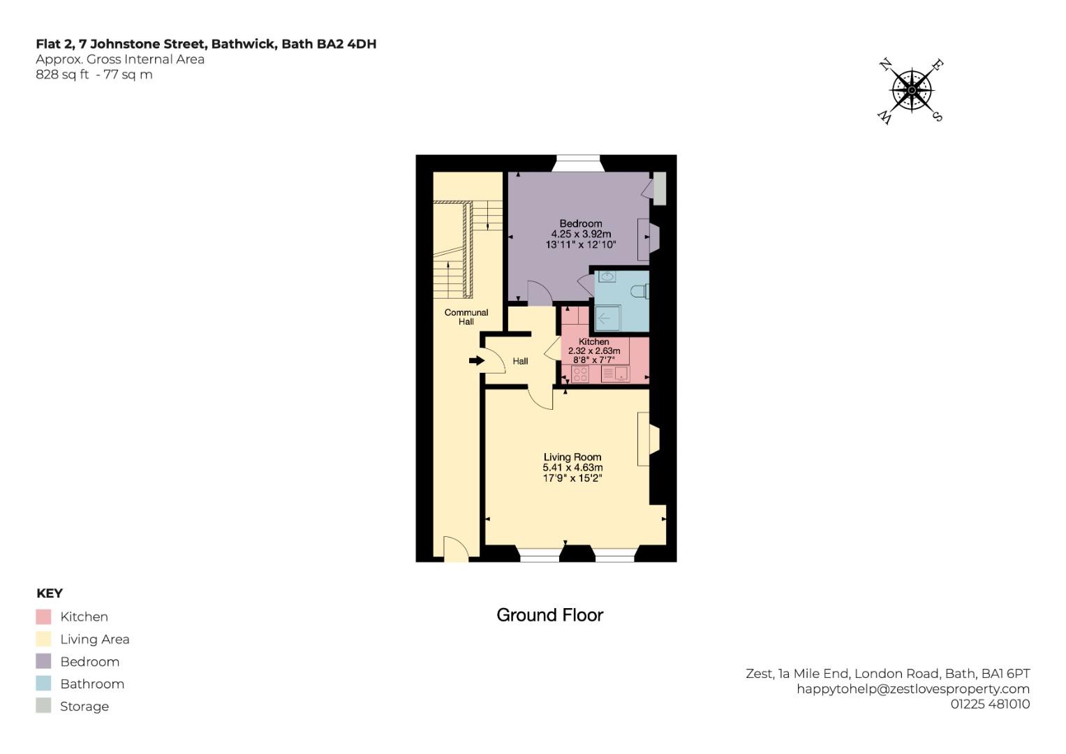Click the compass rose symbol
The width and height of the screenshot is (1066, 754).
pyautogui.click(x=912, y=90)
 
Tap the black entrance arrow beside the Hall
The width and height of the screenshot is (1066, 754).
pyautogui.click(x=477, y=360)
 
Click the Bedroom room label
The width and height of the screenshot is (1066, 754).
pyautogui.click(x=580, y=224)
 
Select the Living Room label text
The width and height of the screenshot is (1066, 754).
pyautogui.click(x=572, y=457)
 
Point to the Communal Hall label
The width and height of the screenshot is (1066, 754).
pyautogui.click(x=466, y=317)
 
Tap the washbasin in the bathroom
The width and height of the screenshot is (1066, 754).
pyautogui.click(x=607, y=277)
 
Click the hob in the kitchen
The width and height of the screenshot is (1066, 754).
pyautogui.click(x=580, y=374)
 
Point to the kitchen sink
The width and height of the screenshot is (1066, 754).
pyautogui.click(x=615, y=374)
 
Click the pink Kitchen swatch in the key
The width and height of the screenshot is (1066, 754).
pyautogui.click(x=43, y=616)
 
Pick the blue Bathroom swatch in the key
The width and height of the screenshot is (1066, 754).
pyautogui.click(x=43, y=683)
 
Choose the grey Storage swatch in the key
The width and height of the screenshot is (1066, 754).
pyautogui.click(x=43, y=706)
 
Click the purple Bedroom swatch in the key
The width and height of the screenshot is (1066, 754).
pyautogui.click(x=43, y=661)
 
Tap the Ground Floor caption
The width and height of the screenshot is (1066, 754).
pyautogui.click(x=549, y=615)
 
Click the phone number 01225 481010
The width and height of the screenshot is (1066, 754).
pyautogui.click(x=990, y=704)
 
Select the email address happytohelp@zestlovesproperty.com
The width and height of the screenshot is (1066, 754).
pyautogui.click(x=913, y=688)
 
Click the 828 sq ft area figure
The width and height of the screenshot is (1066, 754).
pyautogui.click(x=62, y=75)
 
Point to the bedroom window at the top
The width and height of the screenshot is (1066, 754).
pyautogui.click(x=577, y=163)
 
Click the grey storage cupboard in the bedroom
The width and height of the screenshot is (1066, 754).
pyautogui.click(x=658, y=188)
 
